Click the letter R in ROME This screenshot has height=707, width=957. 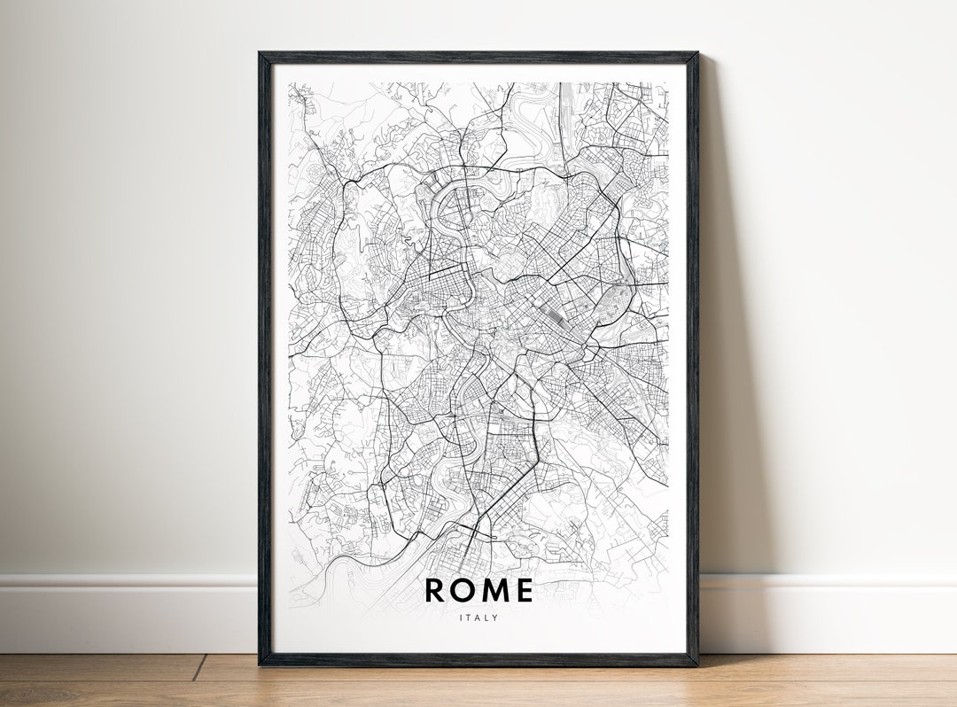(435, 590)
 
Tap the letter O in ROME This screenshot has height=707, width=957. (465, 590)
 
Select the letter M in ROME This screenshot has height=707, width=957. (495, 590)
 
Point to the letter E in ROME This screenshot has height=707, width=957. (524, 590)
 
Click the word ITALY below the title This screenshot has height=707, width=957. (478, 618)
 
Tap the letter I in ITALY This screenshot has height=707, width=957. (461, 618)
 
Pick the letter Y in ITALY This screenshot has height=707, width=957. (495, 618)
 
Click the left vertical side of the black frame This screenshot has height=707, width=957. (264, 354)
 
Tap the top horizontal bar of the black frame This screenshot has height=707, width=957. (478, 58)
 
